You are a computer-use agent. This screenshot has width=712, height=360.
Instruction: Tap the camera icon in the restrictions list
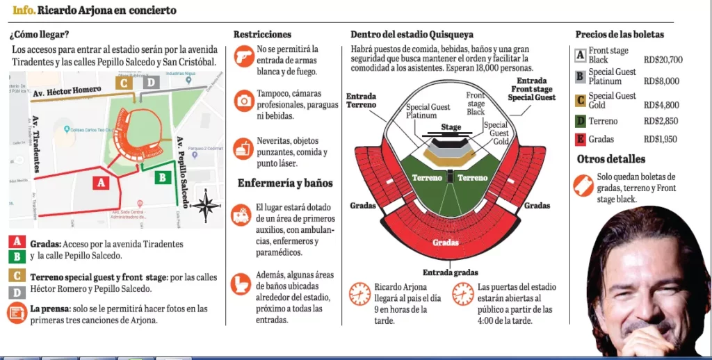[x=244, y=101]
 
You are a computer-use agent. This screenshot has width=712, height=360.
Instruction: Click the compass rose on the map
[x=207, y=206]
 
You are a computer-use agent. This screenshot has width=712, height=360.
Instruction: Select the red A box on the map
[x=102, y=182]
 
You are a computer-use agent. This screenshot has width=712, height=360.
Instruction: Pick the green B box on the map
[x=162, y=177]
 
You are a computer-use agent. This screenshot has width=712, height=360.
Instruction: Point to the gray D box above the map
[x=151, y=83]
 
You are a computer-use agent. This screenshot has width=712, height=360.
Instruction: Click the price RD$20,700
[x=663, y=60]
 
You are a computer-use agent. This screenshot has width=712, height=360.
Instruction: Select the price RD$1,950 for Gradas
[x=661, y=139]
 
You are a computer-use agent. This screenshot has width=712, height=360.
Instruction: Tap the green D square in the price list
[x=580, y=121]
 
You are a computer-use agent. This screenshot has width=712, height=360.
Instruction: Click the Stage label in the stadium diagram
[x=451, y=127]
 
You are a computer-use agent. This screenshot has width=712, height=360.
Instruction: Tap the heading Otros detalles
[x=610, y=159]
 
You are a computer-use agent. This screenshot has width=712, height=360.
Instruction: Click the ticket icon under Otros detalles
[x=583, y=186]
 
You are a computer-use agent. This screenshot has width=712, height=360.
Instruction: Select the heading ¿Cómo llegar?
[x=39, y=34]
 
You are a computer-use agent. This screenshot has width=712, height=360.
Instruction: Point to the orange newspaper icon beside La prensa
[x=17, y=313]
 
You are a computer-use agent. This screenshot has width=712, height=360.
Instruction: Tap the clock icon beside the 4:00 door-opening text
[x=462, y=293]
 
